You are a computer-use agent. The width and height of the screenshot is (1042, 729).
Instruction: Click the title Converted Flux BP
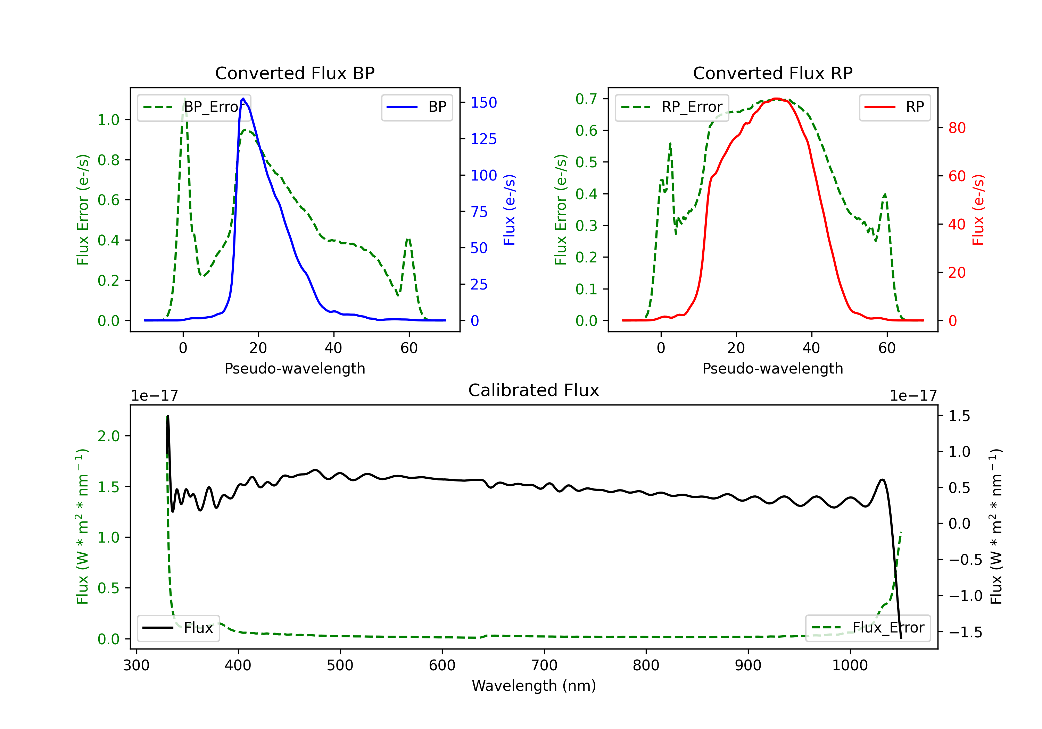[x=295, y=73]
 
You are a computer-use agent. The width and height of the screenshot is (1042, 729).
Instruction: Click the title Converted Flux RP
[x=772, y=73]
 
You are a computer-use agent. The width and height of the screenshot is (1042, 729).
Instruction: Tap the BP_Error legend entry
[x=194, y=107]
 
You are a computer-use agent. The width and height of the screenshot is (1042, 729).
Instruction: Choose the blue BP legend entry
[x=416, y=107]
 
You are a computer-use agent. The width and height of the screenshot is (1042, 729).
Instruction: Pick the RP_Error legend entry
[x=672, y=107]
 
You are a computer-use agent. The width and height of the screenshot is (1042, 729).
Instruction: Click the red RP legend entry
[x=894, y=107]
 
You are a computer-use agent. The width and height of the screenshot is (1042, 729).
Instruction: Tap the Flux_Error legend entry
[x=868, y=628]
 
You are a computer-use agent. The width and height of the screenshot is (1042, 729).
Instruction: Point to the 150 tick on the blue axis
[x=483, y=102]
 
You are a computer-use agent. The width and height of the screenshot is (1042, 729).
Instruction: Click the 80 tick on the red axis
[x=957, y=128]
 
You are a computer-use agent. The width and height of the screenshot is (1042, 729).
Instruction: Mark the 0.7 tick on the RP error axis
[x=586, y=99]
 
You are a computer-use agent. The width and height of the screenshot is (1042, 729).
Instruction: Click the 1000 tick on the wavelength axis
[x=850, y=665]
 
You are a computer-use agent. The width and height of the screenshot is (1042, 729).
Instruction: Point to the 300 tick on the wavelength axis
[x=136, y=665]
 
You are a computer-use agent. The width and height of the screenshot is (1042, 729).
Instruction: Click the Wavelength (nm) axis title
[x=534, y=686]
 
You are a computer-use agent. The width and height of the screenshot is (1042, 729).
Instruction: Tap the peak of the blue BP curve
[x=243, y=99]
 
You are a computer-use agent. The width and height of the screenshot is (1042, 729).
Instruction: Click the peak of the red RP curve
[x=777, y=99]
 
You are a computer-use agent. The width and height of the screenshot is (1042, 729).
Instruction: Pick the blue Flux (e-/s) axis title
[x=509, y=210]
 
